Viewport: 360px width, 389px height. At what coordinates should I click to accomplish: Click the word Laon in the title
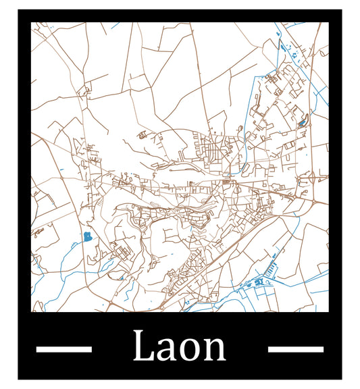click(x=180, y=347)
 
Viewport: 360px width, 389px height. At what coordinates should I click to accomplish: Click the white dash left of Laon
click(x=63, y=349)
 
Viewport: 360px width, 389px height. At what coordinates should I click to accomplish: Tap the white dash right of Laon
click(x=296, y=349)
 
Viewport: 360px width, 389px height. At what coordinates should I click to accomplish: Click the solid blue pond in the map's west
click(x=87, y=236)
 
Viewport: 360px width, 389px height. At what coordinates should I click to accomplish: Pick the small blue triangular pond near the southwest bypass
click(x=122, y=278)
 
